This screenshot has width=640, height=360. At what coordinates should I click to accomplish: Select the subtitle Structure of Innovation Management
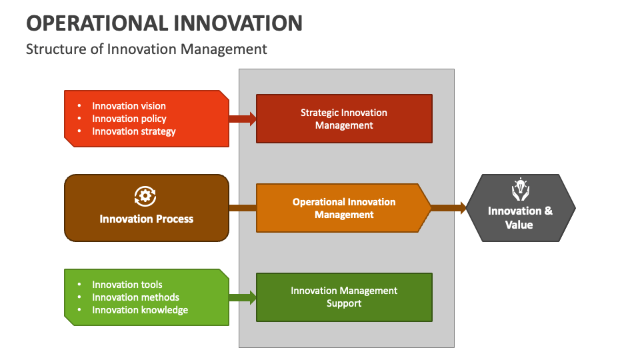coord(146,49)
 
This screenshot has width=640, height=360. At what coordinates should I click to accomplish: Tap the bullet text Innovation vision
coord(129,106)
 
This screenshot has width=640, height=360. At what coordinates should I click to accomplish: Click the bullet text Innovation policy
coord(129,119)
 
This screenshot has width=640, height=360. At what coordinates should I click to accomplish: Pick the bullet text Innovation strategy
coord(134,131)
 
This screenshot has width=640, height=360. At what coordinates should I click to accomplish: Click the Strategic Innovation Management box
coord(344,119)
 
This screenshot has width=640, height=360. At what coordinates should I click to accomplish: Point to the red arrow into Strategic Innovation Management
coord(243,119)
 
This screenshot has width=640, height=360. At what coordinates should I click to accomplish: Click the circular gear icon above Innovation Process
coord(145,195)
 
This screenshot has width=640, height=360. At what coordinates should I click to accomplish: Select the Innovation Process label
coord(147,219)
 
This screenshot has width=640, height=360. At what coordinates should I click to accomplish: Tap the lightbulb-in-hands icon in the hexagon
coord(519,189)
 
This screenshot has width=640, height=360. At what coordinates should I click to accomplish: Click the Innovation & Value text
coord(520,218)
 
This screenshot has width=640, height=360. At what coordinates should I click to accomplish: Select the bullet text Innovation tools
coord(127,285)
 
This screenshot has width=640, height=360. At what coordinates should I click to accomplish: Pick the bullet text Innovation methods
coord(135,297)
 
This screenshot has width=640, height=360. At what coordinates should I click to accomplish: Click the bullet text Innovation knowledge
coord(140,310)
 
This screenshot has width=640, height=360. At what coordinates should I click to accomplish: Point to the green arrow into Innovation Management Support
coord(243,297)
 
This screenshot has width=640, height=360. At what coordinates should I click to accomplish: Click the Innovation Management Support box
coord(344,297)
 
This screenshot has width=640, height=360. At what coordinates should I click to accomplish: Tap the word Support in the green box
coord(344,303)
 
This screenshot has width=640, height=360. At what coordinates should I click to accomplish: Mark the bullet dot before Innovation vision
coord(79,106)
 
